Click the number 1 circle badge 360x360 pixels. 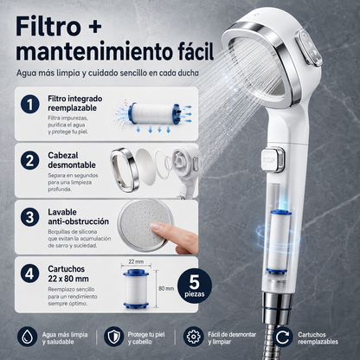coord(30,104)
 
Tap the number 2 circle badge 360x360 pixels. coord(30,161)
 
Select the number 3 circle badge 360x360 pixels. coord(30,217)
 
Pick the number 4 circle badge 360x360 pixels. coord(30,273)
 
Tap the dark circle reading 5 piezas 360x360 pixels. coord(195,286)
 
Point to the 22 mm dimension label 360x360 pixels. coord(136,261)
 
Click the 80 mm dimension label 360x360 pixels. coord(166,288)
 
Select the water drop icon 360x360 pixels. coord(27,337)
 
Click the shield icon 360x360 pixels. coord(113,337)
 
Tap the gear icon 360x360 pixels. coord(193,337)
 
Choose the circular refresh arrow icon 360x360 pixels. coord(283,337)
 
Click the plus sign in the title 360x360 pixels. coord(93,26)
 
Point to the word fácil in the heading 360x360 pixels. coord(191,51)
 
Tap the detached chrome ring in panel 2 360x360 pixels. coord(125,170)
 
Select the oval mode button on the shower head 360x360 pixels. coord(308,48)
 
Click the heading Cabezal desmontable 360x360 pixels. coord(72,160)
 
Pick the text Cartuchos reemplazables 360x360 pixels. coord(318,338)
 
